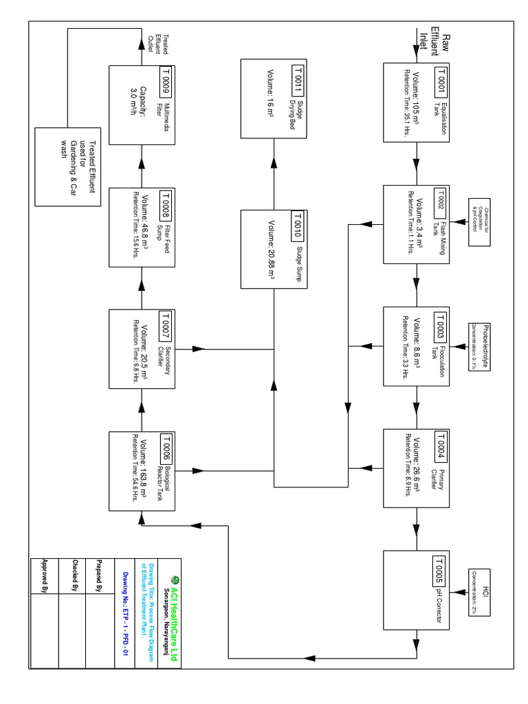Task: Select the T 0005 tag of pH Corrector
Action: pyautogui.click(x=441, y=569)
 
